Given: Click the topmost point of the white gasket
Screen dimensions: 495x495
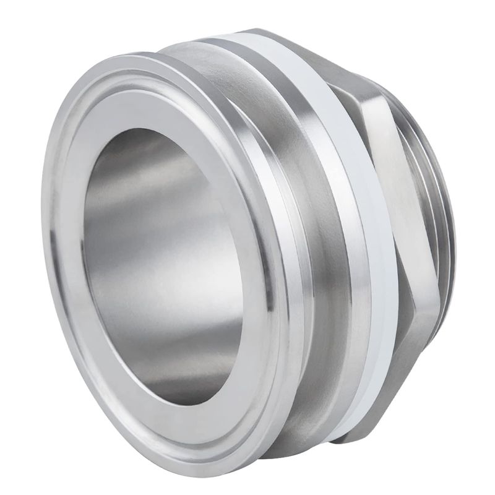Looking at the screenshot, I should (247, 32).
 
